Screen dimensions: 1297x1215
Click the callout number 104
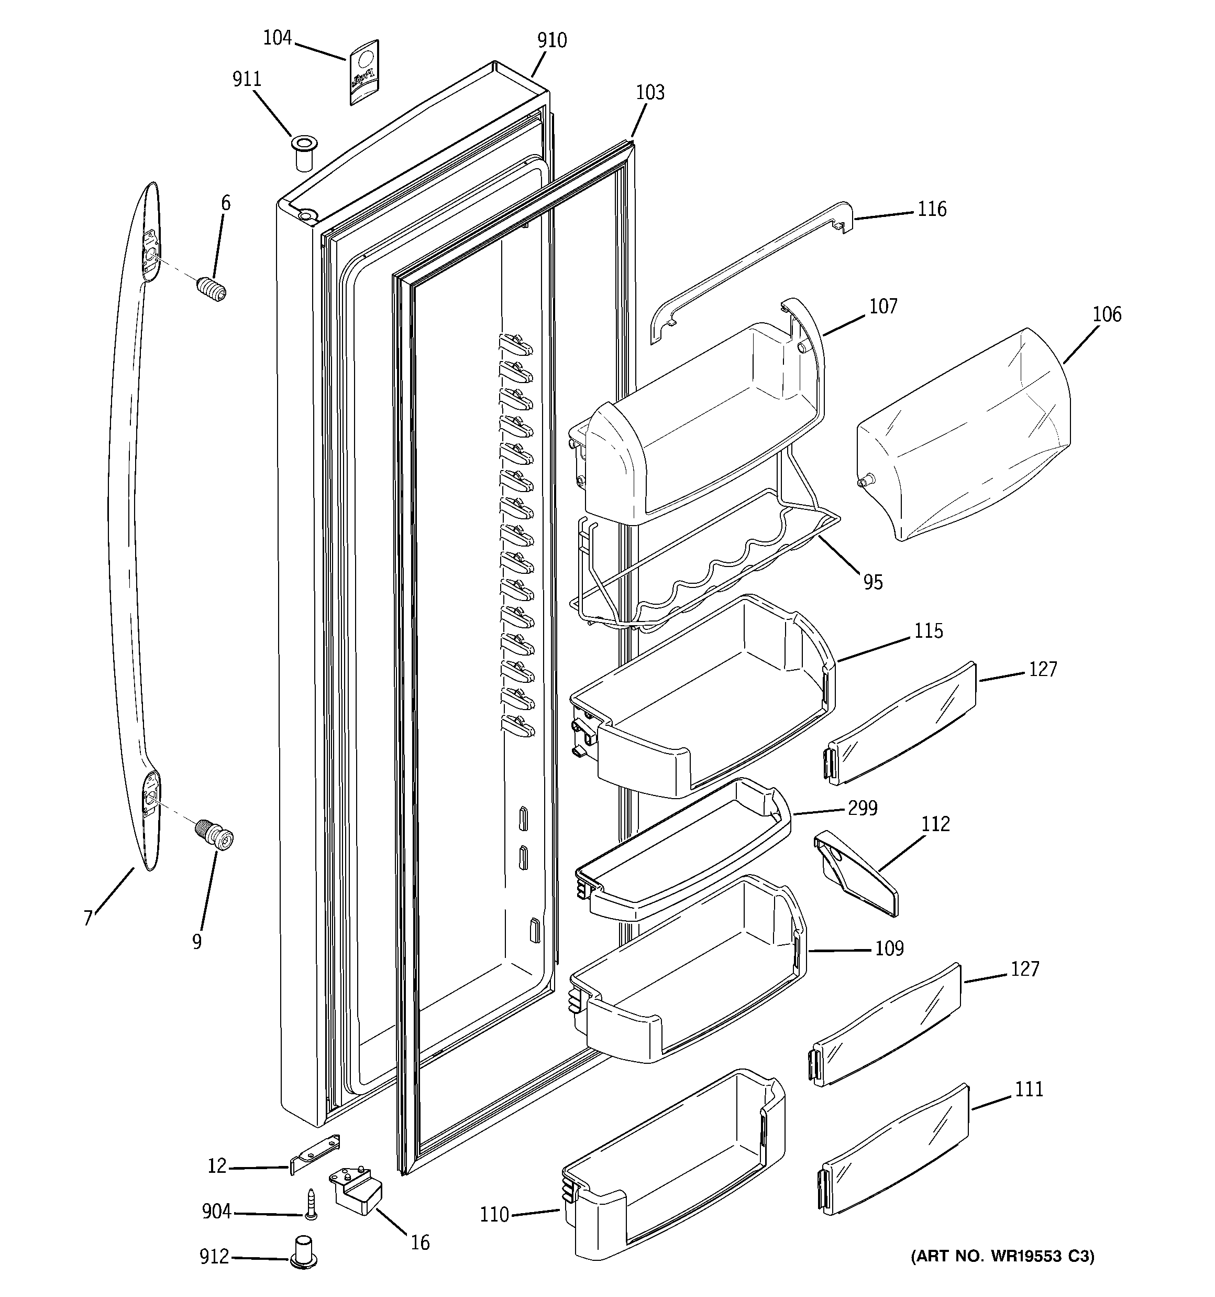(x=277, y=38)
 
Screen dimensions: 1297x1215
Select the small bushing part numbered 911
(x=303, y=152)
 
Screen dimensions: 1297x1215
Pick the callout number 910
(x=552, y=40)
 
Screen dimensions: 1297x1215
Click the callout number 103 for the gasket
(x=650, y=93)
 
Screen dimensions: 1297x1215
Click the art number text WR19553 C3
(x=1002, y=1256)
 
